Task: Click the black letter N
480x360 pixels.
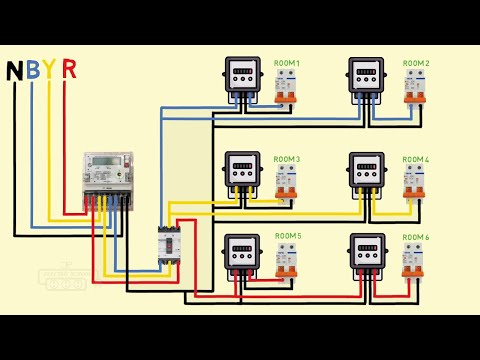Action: coord(15,71)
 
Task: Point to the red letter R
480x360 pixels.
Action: coord(69,70)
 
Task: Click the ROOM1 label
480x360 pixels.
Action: coord(287,63)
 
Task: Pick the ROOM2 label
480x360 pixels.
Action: coord(416,63)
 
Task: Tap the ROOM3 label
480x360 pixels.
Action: coord(287,159)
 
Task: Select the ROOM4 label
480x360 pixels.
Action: coord(416,159)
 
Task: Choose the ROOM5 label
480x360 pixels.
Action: coord(287,236)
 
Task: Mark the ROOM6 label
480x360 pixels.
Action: coord(416,236)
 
